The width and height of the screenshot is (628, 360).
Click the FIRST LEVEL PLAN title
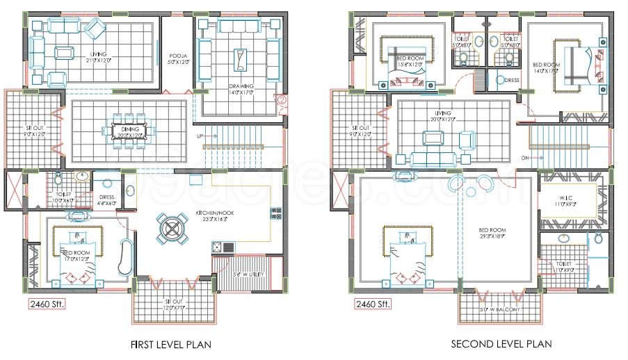point(171,344)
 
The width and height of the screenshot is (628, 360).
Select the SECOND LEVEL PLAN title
point(501,344)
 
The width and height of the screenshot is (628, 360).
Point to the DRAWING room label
point(241,88)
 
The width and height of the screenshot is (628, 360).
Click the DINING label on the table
point(129,129)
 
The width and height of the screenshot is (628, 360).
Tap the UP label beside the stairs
point(200,136)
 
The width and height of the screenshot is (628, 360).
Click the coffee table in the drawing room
point(241,59)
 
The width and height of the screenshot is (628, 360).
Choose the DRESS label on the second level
point(512,80)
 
